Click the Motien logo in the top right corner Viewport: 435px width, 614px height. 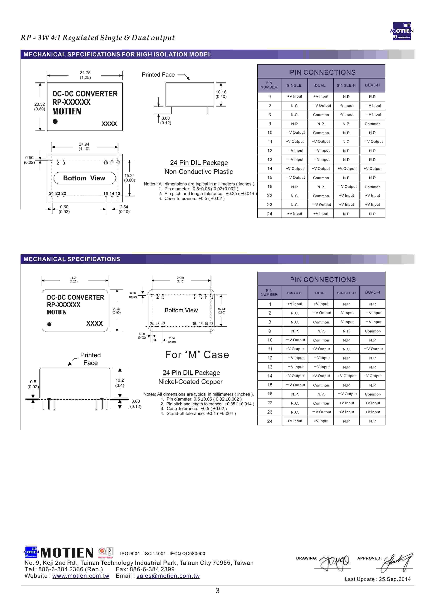point(402,31)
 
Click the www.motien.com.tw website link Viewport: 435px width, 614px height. point(81,576)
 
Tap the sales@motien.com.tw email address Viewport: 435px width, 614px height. point(168,576)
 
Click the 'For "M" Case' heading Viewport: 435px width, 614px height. point(197,355)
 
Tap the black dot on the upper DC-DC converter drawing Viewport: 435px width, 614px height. point(55,121)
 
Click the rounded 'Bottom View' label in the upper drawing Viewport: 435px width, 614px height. point(84,178)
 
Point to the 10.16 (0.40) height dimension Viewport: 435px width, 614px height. point(221,94)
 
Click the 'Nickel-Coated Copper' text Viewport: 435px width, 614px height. point(190,382)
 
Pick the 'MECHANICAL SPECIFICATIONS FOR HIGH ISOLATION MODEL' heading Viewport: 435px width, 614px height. point(117,54)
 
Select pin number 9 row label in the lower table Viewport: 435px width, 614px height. point(270,331)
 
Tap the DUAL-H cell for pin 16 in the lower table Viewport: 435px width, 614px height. point(373,394)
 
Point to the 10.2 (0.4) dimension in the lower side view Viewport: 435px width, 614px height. point(120,383)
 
